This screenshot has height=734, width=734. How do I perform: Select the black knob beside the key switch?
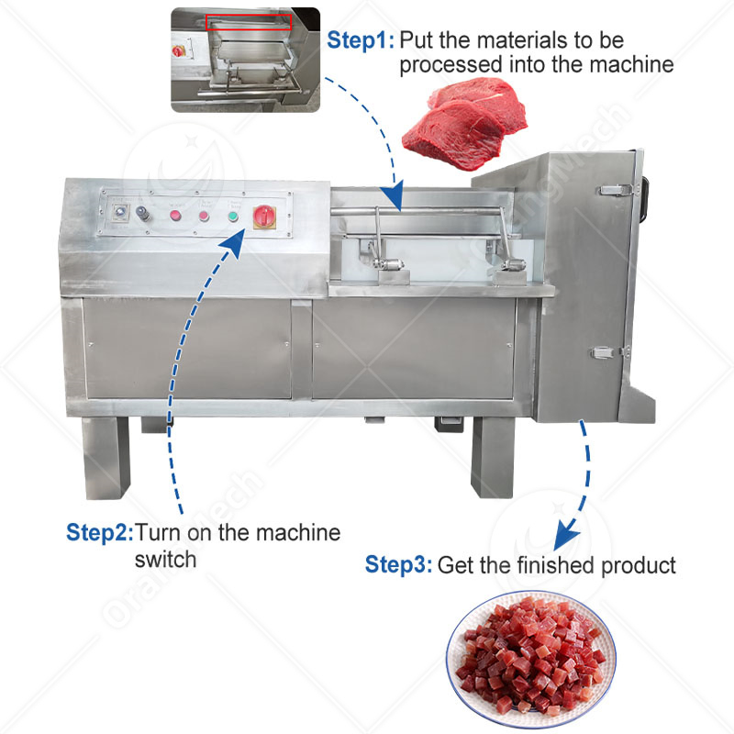(x=143, y=213)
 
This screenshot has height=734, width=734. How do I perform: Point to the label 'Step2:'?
(x=100, y=533)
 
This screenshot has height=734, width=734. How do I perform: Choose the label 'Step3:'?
(x=399, y=564)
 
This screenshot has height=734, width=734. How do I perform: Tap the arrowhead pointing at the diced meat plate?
(x=568, y=529)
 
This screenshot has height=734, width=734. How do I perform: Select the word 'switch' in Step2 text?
(x=165, y=558)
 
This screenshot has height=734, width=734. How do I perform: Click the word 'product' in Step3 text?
(x=638, y=564)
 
